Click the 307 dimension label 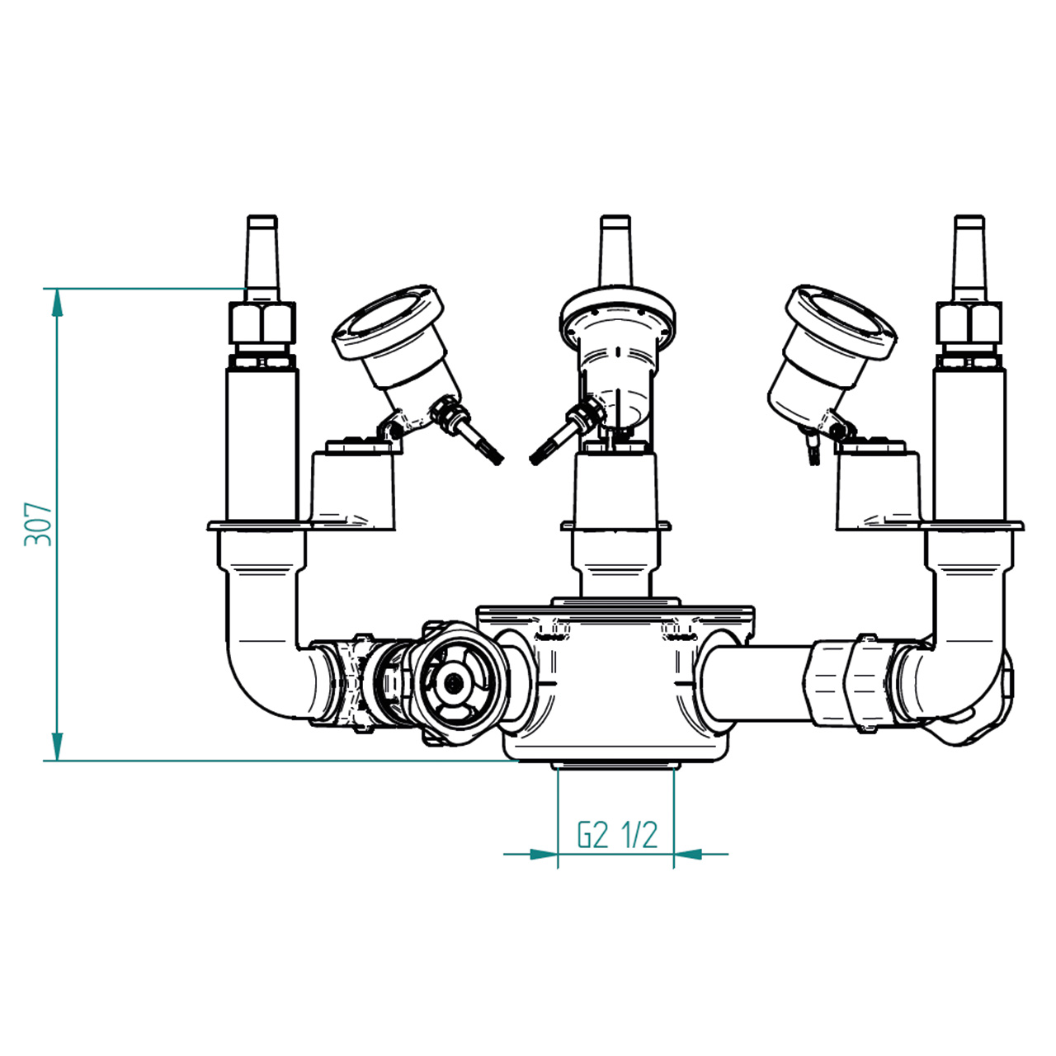(x=38, y=524)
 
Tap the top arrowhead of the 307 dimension (x=57, y=303)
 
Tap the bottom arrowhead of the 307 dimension (x=57, y=747)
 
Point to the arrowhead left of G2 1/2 (x=544, y=854)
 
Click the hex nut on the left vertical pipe (x=262, y=323)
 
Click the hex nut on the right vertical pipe (x=969, y=323)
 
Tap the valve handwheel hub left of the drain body (x=453, y=682)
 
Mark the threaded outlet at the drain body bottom (x=615, y=765)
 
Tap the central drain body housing (x=615, y=685)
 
